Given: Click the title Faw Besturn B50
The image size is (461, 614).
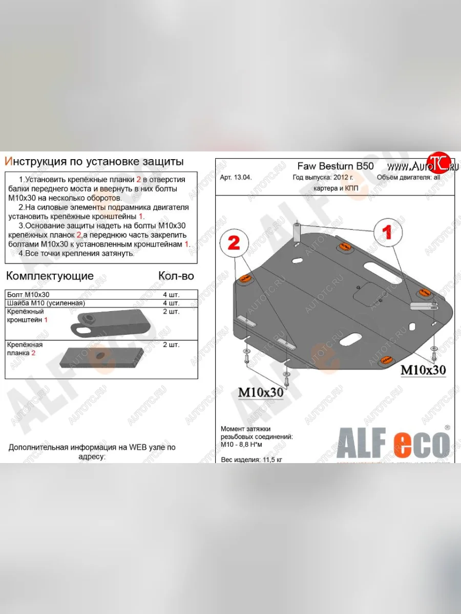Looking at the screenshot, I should click(336, 166).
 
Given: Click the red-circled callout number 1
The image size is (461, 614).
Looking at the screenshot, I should click(388, 232).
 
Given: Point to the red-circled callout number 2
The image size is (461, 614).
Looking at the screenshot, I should click(234, 243).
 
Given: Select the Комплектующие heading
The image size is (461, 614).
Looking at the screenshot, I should click(50, 276).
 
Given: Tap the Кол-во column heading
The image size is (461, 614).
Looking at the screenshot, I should click(176, 276).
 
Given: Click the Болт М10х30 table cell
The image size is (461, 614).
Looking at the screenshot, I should click(29, 295).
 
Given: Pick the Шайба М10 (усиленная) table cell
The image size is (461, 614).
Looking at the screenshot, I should click(46, 303).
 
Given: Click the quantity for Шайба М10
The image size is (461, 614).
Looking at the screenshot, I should click(171, 303).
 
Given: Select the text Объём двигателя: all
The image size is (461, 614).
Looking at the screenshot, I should click(408, 178).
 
